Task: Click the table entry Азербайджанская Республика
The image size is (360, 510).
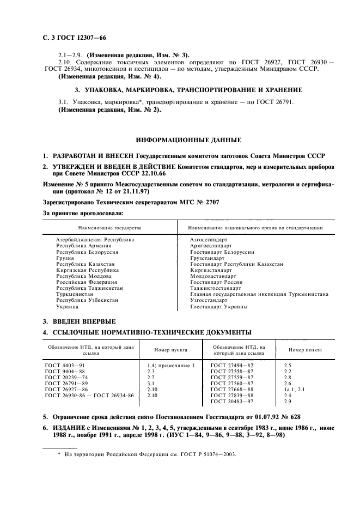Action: pos(95,240)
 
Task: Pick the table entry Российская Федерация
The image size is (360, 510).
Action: pos(87,282)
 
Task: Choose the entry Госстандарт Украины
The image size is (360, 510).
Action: pos(219,306)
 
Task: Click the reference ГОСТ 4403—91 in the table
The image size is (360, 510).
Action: pos(64,365)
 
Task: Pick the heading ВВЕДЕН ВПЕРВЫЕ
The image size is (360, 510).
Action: pos(84,321)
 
